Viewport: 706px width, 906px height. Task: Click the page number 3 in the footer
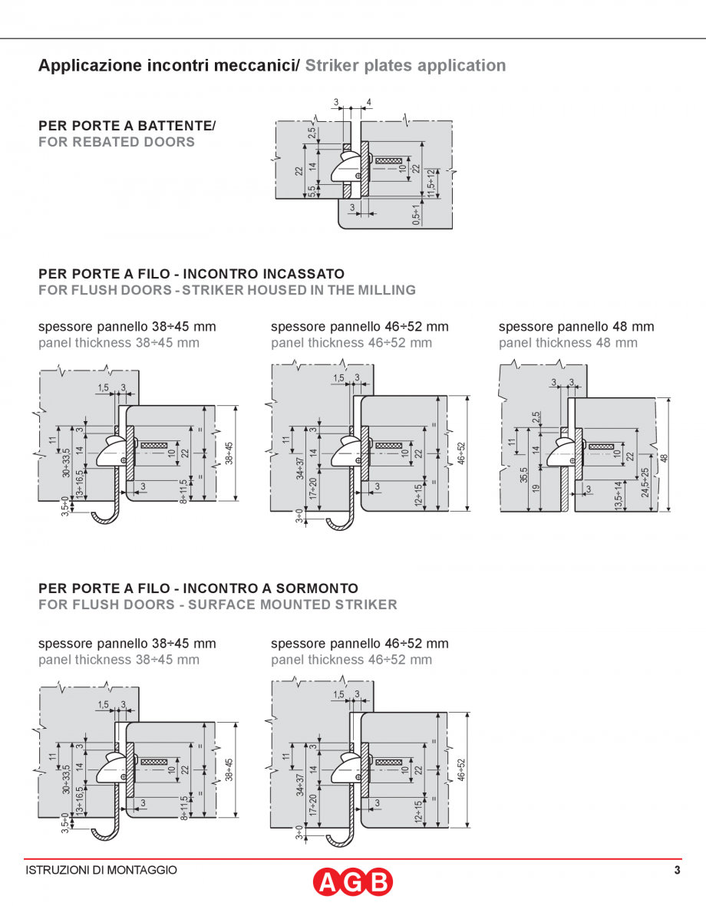(677, 870)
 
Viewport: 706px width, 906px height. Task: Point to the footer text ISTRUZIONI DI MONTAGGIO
(101, 870)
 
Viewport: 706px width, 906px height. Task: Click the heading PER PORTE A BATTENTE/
(127, 125)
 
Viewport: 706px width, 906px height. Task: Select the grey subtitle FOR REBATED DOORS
(117, 142)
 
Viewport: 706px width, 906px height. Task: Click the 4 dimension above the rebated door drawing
(369, 103)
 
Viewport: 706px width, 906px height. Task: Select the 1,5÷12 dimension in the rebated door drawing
(431, 183)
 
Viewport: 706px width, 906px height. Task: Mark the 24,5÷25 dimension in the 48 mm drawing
(645, 483)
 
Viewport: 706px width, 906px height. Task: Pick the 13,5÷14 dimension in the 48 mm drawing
(619, 495)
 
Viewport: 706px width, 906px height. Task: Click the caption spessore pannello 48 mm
(576, 327)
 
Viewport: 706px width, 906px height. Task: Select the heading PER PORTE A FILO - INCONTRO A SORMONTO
(198, 588)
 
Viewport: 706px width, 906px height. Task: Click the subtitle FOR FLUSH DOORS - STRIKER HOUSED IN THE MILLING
(227, 290)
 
